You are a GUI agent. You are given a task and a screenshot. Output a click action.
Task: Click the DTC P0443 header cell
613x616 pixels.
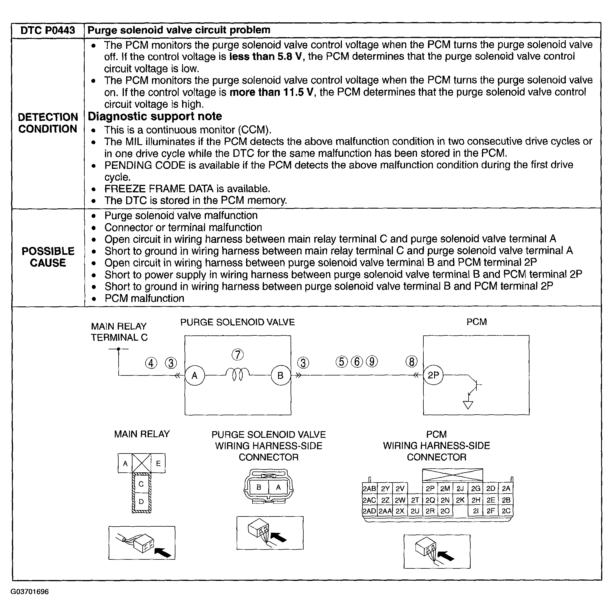coord(48,30)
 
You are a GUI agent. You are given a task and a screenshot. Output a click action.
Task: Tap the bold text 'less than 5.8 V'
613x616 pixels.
coord(265,56)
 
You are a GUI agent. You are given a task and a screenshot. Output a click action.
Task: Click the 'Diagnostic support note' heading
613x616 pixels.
coord(155,116)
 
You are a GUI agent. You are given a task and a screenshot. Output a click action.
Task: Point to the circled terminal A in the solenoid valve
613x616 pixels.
coord(195,375)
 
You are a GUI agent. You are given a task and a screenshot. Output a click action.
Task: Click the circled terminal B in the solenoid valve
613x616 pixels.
coord(280,375)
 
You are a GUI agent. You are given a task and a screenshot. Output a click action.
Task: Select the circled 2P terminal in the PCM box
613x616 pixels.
coord(433,375)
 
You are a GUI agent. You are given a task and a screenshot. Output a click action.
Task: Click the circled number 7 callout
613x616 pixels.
coord(238,355)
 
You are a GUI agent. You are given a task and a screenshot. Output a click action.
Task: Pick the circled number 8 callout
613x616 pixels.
coord(411,362)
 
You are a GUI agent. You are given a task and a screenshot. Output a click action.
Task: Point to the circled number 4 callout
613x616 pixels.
coord(151,363)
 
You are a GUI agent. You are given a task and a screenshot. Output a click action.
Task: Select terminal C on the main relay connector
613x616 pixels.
coord(141,484)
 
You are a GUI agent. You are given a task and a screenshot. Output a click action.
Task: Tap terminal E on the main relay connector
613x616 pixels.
coord(158,463)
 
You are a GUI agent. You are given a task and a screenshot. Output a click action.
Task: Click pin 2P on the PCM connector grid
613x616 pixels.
coord(430,488)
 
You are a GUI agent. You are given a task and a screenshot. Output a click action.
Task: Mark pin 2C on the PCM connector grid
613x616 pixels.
coord(506,511)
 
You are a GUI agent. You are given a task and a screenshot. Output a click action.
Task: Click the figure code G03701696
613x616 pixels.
coord(30,592)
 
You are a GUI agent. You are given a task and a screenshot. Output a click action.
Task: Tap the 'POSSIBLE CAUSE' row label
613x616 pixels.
coord(48,257)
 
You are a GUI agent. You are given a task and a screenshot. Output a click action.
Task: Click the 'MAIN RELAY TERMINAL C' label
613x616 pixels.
coord(119,332)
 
